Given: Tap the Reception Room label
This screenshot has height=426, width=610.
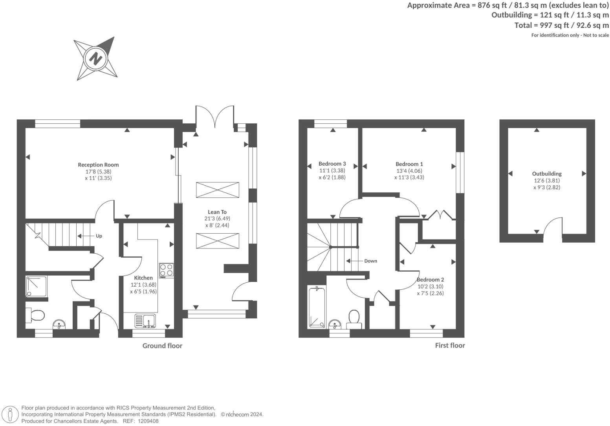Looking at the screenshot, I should [98, 165].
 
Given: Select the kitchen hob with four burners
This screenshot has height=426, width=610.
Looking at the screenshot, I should [167, 270].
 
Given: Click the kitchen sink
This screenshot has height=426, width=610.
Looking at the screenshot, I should [145, 321].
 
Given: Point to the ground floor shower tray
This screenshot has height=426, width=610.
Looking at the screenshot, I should [37, 286].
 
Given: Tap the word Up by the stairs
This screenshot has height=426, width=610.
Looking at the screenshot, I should [99, 236].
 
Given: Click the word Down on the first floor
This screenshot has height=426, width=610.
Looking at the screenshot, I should [370, 261].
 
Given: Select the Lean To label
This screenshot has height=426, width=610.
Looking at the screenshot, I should [217, 212].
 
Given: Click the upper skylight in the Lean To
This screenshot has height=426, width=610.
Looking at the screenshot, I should [217, 190].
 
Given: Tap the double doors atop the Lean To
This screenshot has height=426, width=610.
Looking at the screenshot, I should [215, 116].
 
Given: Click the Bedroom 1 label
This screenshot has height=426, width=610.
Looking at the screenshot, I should [409, 164].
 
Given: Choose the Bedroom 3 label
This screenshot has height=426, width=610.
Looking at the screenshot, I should [332, 164].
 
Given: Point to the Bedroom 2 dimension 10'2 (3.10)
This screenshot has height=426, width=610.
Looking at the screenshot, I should [430, 286].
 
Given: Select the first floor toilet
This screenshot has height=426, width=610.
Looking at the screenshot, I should [354, 319].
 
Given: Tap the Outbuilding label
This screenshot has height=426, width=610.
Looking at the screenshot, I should [547, 174].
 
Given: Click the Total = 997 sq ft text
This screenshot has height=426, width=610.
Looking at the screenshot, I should [561, 25].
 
